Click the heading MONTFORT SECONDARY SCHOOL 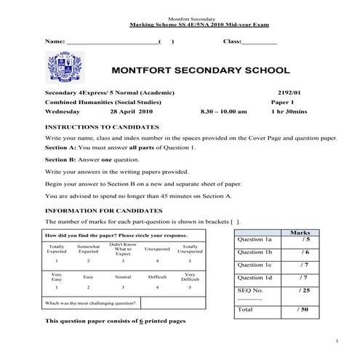point(199,71)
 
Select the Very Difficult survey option point(190,277)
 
